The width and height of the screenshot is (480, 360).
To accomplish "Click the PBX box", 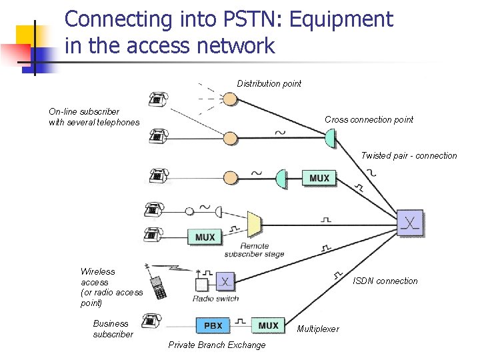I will tap(213, 325).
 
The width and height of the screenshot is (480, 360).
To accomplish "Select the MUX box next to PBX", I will tap(268, 325).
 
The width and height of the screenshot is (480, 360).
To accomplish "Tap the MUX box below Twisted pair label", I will tap(319, 178).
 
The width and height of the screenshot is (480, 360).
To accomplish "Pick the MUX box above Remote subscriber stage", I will tap(205, 237).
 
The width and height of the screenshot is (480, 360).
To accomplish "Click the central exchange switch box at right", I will tap(410, 223).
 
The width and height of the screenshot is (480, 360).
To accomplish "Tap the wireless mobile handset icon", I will tap(159, 287).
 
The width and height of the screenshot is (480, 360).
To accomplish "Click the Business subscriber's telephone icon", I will tap(153, 321).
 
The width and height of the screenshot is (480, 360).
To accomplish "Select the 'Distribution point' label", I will tap(269, 83).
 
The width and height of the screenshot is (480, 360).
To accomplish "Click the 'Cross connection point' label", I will tap(369, 119).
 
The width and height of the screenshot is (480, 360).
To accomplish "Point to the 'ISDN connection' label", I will tap(385, 281).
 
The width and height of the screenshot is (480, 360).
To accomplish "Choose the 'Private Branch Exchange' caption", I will tap(217, 345).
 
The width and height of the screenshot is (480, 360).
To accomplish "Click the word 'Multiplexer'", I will tap(318, 329).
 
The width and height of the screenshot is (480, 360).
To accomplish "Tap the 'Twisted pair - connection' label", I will tap(409, 155).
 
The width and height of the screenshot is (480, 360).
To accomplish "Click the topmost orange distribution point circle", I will tap(230, 99).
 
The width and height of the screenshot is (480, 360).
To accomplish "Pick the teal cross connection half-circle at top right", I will tap(329, 139).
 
